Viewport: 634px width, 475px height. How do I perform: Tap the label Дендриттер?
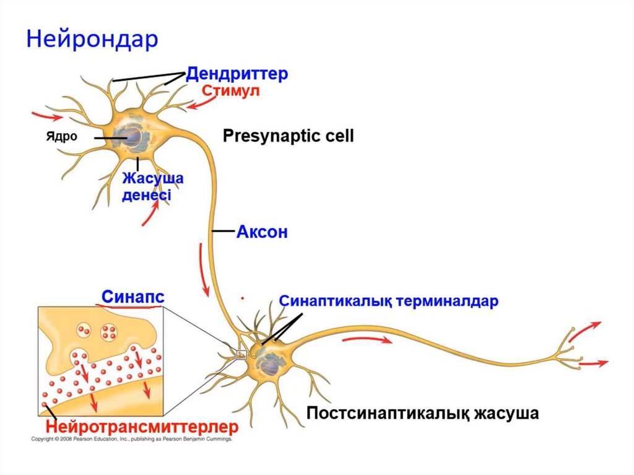[x=237, y=75]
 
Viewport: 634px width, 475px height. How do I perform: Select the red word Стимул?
[x=230, y=92]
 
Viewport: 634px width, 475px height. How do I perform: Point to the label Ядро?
[x=61, y=137]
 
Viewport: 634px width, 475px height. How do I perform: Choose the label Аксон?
[x=262, y=233]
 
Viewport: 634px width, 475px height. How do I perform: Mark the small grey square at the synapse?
[x=242, y=355]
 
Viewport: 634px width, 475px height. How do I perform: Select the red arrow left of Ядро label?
[x=47, y=116]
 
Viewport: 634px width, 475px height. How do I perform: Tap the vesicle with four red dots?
[x=109, y=331]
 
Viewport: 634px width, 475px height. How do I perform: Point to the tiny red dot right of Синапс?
[x=243, y=298]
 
